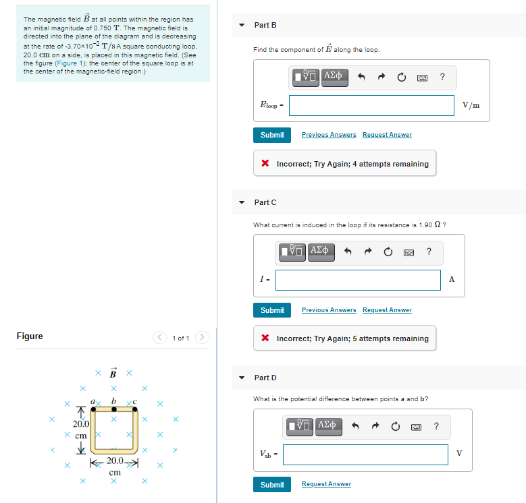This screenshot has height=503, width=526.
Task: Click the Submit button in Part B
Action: coord(272,135)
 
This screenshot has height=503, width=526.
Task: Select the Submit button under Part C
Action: coord(272,310)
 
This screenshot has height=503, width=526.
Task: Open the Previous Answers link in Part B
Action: coord(329,135)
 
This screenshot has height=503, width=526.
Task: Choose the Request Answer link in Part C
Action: coord(387,310)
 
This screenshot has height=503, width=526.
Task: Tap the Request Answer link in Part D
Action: coord(326,484)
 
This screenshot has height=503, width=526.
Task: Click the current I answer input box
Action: coord(358,280)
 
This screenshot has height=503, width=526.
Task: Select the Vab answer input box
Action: coord(365,454)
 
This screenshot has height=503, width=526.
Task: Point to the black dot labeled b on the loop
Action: coord(114,409)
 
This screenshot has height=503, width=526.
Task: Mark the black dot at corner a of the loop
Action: coord(94,409)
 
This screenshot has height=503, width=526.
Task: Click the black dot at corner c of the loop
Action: coord(134,409)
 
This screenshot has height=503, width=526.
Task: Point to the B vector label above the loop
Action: coord(113,373)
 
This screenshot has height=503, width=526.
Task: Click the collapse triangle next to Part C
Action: coord(242,202)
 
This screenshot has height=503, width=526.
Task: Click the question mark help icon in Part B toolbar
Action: coord(442,77)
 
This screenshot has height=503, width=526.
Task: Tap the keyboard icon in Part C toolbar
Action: coord(408,252)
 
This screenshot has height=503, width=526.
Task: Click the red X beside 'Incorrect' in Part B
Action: coord(266,164)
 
